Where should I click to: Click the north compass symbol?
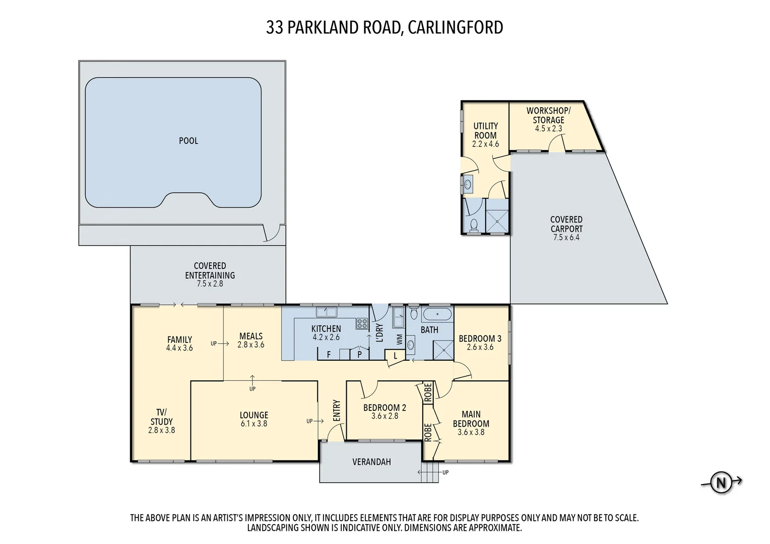(x=721, y=483)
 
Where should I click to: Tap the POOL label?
(x=188, y=141)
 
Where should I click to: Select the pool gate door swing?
(x=272, y=233)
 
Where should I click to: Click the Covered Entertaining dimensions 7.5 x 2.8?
(x=210, y=284)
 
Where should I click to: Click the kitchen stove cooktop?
(x=362, y=323)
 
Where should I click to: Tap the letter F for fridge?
(x=329, y=355)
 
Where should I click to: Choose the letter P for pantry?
(x=359, y=355)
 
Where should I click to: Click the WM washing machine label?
(x=400, y=339)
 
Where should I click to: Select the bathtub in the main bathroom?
(x=436, y=315)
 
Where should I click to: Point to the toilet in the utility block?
(x=473, y=225)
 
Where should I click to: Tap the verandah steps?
(x=430, y=472)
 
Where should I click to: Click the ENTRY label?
(x=337, y=411)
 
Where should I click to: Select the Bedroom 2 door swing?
(x=369, y=389)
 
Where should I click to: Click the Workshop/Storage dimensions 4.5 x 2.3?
(x=548, y=129)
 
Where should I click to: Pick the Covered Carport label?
(x=566, y=224)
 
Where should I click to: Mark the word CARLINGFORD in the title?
(x=455, y=27)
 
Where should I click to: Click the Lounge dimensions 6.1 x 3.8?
(x=254, y=424)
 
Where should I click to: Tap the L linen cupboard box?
(x=396, y=356)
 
